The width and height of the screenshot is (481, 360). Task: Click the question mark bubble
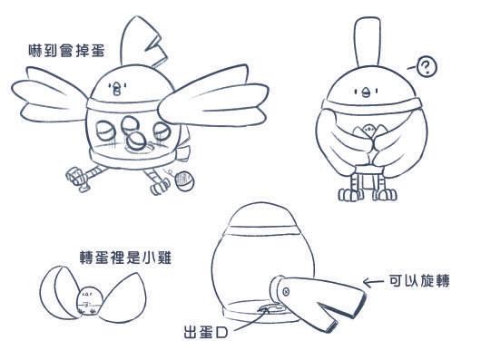click(x=427, y=67)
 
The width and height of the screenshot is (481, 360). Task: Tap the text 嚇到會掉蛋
click(x=66, y=51)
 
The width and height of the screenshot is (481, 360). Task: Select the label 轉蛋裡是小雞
click(x=126, y=258)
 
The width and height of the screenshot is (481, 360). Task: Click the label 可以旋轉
click(x=419, y=281)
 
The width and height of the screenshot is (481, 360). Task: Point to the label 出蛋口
click(x=205, y=333)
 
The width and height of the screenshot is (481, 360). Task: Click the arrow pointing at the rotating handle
click(x=373, y=282)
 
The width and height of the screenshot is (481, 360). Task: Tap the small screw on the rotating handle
click(x=286, y=291)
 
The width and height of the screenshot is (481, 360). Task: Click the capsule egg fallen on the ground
click(x=184, y=181)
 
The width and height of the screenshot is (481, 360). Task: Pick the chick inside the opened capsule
click(x=89, y=301)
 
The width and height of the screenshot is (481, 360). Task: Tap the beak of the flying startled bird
click(x=117, y=90)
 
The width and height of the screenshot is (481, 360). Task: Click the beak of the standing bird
click(x=366, y=92)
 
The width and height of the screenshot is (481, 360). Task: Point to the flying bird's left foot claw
click(x=77, y=179)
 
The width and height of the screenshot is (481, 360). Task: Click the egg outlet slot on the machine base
click(x=270, y=308)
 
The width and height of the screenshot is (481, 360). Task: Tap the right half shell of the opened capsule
click(x=124, y=298)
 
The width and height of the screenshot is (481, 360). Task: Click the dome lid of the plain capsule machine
click(x=263, y=215)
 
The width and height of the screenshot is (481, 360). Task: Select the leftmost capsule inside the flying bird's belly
click(x=106, y=131)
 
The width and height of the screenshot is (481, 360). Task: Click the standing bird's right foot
click(x=385, y=194)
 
